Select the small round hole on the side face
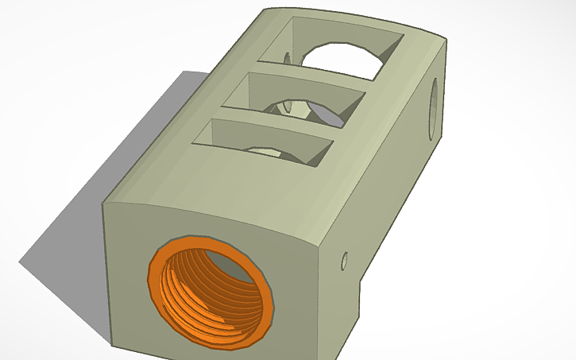pos(345,260)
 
